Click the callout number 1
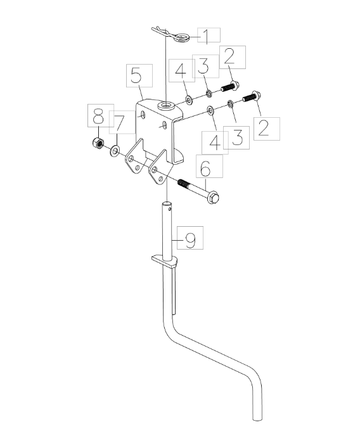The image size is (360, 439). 206,36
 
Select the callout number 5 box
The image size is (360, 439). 139,75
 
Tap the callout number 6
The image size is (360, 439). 206,168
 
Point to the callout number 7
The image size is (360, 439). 120,124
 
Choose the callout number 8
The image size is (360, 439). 98,117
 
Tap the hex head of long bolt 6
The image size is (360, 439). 213,197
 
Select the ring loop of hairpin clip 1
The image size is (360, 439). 182,37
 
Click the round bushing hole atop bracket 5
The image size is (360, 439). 165,106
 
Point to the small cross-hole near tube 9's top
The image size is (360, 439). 169,208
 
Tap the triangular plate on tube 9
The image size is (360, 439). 165,262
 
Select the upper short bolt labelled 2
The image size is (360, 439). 230,87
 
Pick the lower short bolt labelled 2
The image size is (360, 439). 251,97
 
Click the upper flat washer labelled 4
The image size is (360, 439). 189,100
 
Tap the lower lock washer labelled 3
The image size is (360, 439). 230,105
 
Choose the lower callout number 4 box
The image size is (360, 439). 215,143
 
